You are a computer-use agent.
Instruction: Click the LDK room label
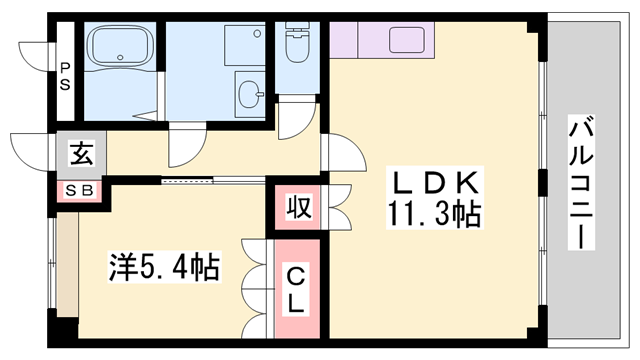click(x=436, y=184)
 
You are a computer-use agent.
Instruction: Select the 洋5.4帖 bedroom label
click(x=164, y=267)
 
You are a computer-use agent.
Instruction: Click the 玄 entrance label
click(x=80, y=155)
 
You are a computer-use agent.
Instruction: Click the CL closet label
click(x=297, y=287)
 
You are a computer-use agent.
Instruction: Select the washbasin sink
click(x=249, y=94)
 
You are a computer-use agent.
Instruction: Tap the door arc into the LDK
click(x=343, y=154)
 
